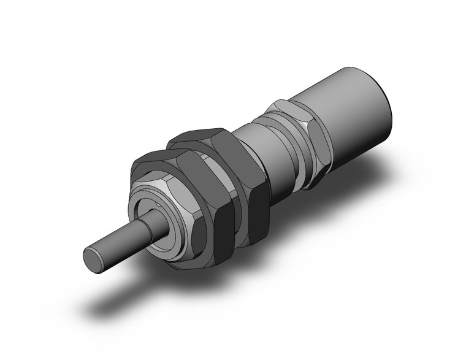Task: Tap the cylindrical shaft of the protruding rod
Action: [x=126, y=239]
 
